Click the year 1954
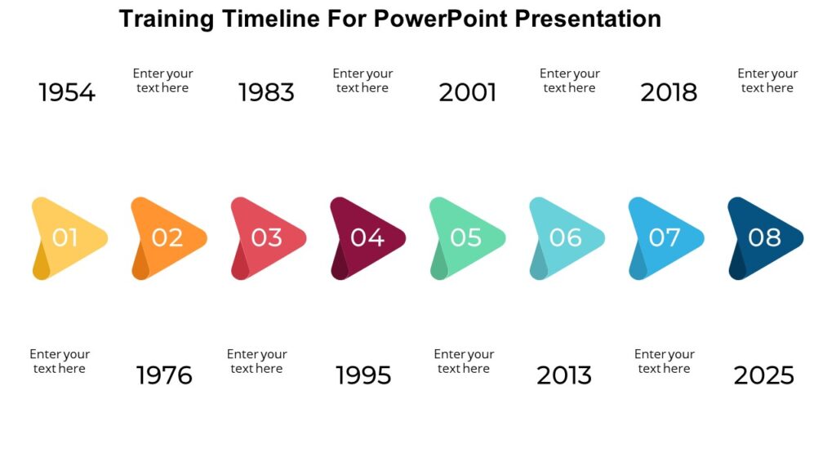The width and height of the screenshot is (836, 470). pyautogui.click(x=67, y=93)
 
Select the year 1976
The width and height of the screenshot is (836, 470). pyautogui.click(x=164, y=375)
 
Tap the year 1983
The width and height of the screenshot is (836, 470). pyautogui.click(x=266, y=93)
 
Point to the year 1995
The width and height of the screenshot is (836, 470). pyautogui.click(x=363, y=375)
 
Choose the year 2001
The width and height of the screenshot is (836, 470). pyautogui.click(x=468, y=93)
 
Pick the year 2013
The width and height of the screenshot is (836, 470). pyautogui.click(x=564, y=375)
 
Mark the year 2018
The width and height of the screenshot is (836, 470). pyautogui.click(x=669, y=93)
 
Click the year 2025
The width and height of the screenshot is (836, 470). pyautogui.click(x=763, y=375)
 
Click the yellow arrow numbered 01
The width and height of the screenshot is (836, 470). pyautogui.click(x=68, y=237)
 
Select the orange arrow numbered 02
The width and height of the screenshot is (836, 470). pyautogui.click(x=167, y=237)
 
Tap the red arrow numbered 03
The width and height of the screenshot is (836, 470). pyautogui.click(x=267, y=237)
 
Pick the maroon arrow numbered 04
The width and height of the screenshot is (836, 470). pyautogui.click(x=367, y=237)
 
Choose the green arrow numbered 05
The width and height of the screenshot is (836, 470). pyautogui.click(x=466, y=237)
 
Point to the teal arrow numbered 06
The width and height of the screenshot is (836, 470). pyautogui.click(x=566, y=237)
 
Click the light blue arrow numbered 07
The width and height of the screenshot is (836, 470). pyautogui.click(x=665, y=237)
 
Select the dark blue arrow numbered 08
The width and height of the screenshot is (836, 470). pyautogui.click(x=764, y=237)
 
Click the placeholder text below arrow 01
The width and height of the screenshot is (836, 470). pyautogui.click(x=60, y=361)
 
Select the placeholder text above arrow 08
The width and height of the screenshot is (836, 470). pyautogui.click(x=767, y=81)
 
